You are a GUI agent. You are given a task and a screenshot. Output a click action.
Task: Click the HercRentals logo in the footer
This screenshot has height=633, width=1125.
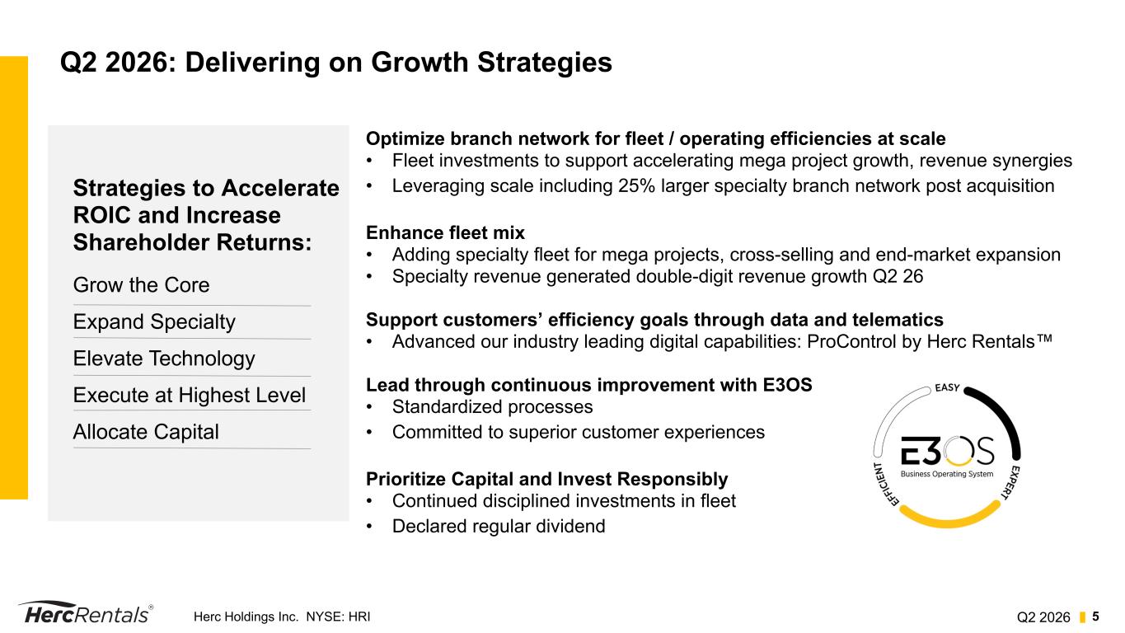tap(86, 613)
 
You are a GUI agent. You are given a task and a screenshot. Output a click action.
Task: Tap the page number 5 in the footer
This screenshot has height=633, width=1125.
tap(1095, 617)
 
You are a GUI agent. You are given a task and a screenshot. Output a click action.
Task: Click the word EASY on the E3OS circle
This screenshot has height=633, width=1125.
tap(947, 388)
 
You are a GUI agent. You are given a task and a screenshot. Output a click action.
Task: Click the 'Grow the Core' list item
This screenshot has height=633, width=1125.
tap(141, 285)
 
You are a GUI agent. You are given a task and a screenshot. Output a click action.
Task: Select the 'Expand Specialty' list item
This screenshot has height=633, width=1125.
tap(154, 322)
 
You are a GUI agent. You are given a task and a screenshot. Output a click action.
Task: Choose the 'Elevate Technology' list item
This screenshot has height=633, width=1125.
tap(164, 359)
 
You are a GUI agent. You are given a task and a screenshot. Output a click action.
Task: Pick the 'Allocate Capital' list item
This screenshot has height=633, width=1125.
tap(146, 432)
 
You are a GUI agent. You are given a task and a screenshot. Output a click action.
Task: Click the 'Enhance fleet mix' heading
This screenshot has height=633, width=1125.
tap(445, 233)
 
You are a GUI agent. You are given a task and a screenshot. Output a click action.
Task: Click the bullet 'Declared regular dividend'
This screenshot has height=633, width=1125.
tap(499, 527)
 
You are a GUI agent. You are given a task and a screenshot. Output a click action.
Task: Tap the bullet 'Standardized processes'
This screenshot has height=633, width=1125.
tap(492, 407)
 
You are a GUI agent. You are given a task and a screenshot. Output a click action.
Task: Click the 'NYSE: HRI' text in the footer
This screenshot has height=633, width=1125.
tap(338, 617)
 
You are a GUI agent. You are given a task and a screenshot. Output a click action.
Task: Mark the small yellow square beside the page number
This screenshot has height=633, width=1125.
tap(1083, 617)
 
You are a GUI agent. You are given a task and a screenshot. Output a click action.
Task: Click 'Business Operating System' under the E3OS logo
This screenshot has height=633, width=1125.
tap(947, 474)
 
